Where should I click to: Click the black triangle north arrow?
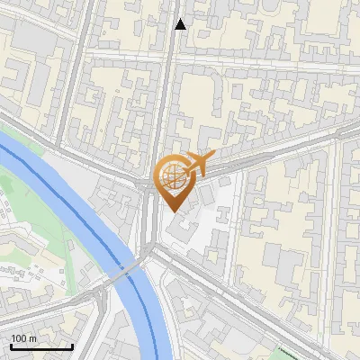181,24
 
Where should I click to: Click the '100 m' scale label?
23,338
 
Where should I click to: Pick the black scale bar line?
41,346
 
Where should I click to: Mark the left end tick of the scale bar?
11,345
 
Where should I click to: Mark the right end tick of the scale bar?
72,345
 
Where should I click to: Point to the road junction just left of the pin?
147,184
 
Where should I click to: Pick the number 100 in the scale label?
19,338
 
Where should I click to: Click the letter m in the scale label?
32,338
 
